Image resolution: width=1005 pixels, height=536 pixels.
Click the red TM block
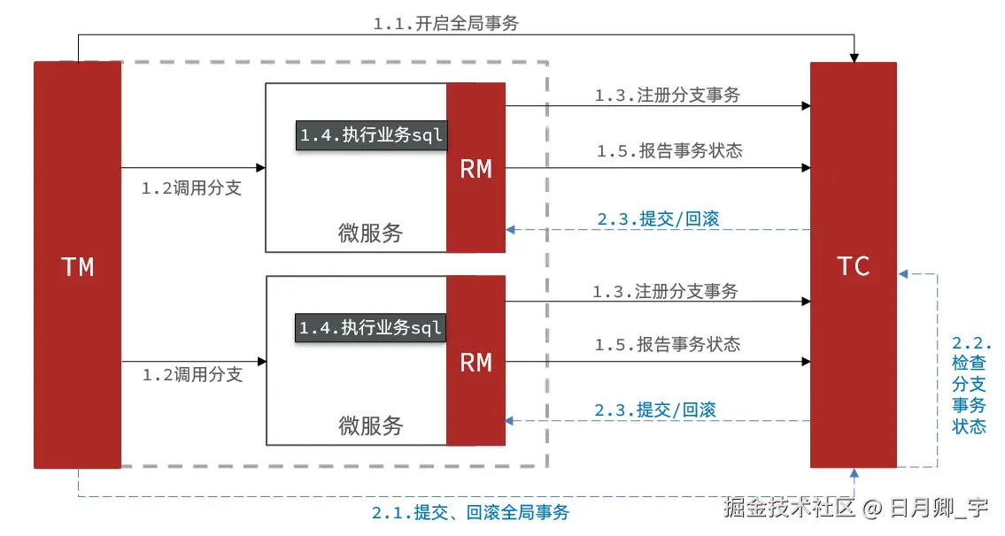77,265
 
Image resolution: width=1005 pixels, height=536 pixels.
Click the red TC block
854,265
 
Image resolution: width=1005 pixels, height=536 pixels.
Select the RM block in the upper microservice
475,168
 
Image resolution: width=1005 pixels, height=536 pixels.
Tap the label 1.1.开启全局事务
445,24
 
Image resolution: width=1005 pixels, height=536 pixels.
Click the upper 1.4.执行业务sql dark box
370,135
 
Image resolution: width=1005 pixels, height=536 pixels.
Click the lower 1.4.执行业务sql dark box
370,328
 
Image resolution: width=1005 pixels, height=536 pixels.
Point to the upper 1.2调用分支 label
191,188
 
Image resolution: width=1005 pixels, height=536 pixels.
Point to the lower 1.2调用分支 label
192,374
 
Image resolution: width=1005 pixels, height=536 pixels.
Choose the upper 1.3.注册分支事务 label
667,96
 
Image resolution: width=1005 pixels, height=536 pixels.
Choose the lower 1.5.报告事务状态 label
668,344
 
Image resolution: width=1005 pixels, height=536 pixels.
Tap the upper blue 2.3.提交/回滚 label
658,219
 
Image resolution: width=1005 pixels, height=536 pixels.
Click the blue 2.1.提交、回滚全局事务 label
470,512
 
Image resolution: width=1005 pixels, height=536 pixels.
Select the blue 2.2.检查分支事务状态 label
970,385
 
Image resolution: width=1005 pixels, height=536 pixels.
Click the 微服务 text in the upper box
370,233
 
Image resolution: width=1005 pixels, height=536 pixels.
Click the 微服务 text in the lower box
370,425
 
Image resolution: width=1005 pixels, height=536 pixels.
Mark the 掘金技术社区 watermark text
789,508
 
